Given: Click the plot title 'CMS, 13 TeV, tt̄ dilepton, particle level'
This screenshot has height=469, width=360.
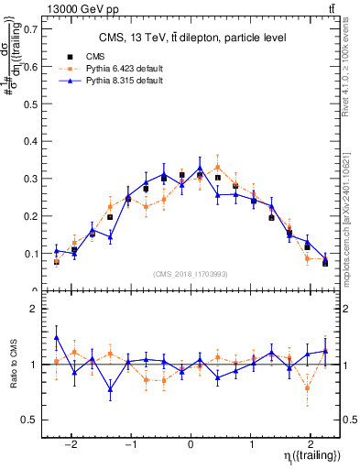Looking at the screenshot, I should pos(192,38).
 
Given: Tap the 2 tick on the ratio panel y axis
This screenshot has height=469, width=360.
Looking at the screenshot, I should pos(34,309).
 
